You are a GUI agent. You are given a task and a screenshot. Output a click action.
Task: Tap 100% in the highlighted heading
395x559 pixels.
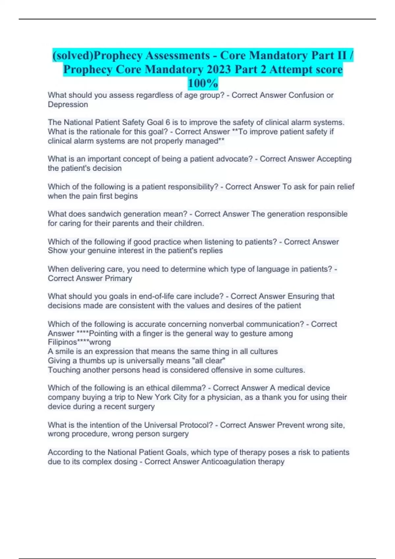coord(203,84)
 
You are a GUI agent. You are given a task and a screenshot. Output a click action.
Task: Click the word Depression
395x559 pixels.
coord(68,105)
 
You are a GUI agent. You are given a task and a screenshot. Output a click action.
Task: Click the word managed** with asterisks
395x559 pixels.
coord(205,141)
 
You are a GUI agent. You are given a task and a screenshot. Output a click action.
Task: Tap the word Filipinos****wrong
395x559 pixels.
coord(79,342)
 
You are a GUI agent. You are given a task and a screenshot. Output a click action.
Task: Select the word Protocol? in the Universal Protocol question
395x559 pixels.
coord(195,425)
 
